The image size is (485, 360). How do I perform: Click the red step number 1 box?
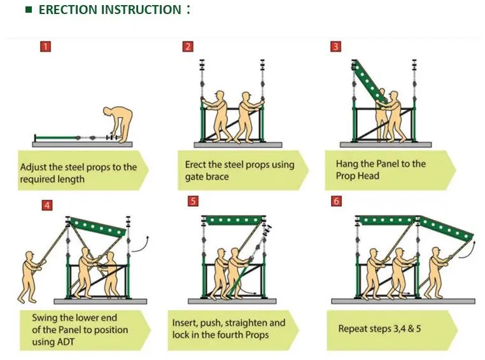click(45, 46)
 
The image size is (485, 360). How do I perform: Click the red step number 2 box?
click(188, 46)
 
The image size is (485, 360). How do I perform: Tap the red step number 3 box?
click(335, 46)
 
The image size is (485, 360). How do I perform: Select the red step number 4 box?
click(47, 205)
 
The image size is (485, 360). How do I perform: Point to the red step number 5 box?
click(193, 202)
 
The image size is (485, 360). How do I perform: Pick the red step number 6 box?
click(337, 202)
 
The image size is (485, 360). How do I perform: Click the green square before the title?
click(28, 10)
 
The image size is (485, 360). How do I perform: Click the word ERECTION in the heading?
click(69, 10)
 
